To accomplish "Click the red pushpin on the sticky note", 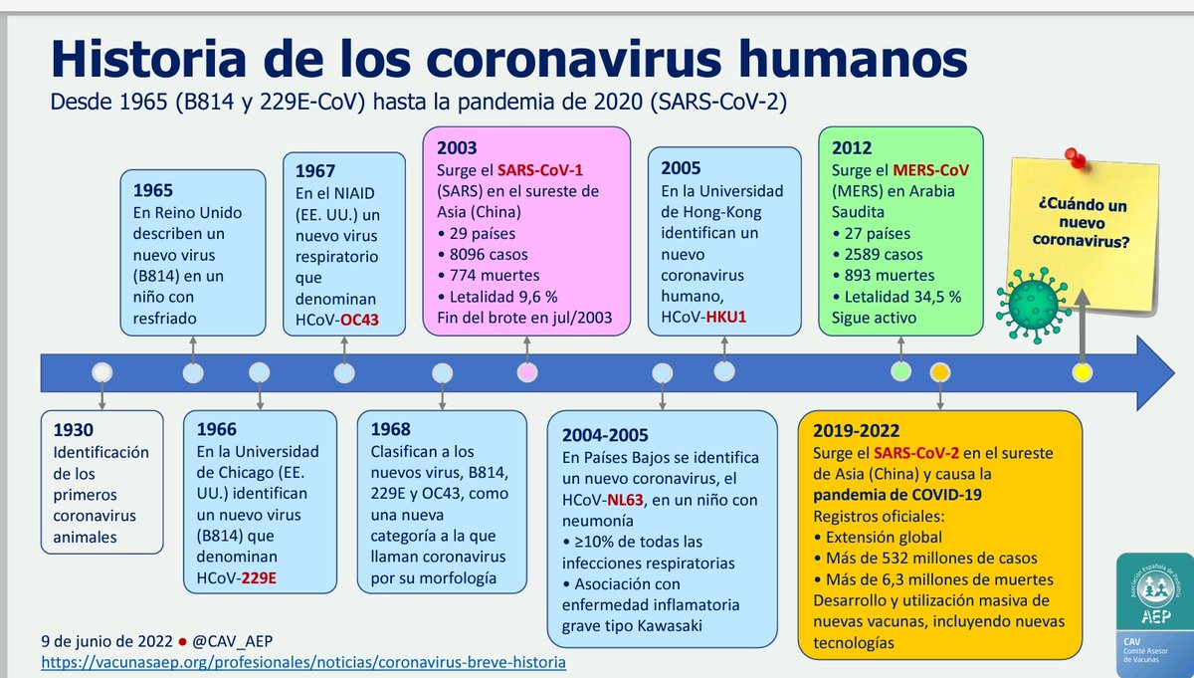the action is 1076,158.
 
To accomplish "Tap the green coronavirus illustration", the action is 1033,305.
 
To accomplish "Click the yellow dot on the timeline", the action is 1083,372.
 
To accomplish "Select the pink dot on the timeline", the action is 527,372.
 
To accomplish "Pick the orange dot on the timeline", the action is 939,372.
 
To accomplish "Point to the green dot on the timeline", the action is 900,371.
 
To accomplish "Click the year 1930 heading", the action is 73,429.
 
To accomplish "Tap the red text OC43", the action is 359,320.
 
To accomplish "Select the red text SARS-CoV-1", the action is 540,170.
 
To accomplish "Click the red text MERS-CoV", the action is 930,170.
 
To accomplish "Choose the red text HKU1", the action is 726,317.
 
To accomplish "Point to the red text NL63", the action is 625,500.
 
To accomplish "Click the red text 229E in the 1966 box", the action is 259,577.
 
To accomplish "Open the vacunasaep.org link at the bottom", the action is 303,662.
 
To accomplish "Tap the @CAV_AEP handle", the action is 232,640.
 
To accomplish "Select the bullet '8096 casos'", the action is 483,255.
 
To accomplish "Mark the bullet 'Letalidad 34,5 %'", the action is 896,297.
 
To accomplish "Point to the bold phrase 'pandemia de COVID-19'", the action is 897,495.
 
